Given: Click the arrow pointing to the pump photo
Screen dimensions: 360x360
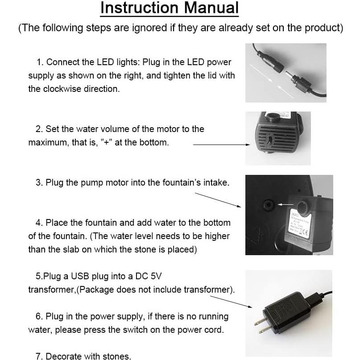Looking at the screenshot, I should coord(221,145).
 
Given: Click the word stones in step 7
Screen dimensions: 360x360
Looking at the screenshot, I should coord(117,356).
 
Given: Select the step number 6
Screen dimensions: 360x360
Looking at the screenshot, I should coord(38,316).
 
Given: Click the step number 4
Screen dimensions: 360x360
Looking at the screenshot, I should coord(38,223).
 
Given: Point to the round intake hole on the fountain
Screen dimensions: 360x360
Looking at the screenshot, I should coord(269,205).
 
